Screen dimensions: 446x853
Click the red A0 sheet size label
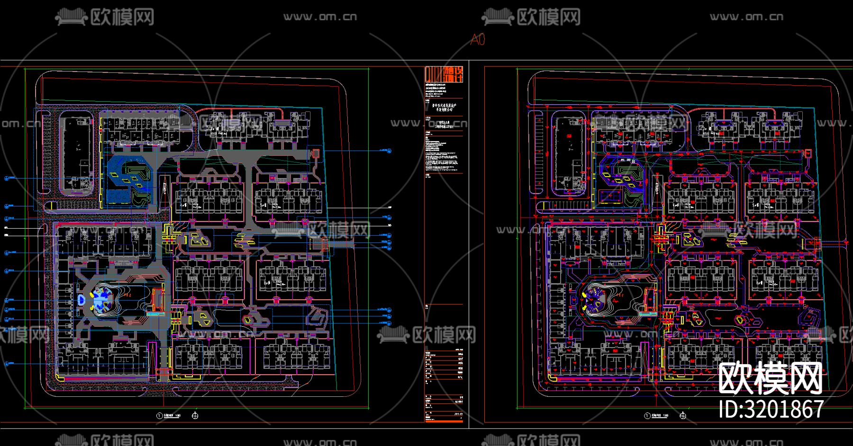[x=477, y=39]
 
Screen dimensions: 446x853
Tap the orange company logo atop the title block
[x=444, y=74]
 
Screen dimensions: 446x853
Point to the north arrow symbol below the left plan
[x=195, y=416]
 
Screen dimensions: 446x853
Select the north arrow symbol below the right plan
[x=683, y=416]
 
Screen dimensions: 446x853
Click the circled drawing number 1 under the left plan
[x=160, y=416]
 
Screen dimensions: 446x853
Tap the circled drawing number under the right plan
[x=647, y=416]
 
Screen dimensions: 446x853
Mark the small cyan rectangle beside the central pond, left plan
[x=153, y=313]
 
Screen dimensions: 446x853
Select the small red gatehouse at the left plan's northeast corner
[x=315, y=153]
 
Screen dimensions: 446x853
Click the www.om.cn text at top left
[x=320, y=17]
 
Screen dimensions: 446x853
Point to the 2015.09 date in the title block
[x=458, y=413]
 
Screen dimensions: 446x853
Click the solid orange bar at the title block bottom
[x=444, y=420]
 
